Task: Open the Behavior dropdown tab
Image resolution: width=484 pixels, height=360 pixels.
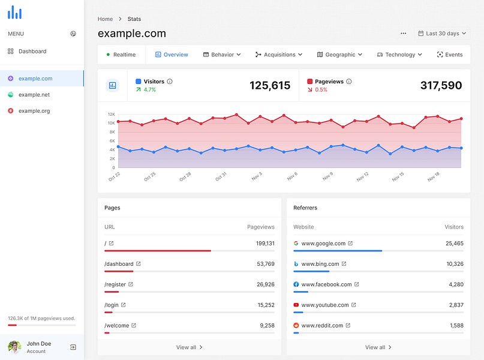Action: [222, 55]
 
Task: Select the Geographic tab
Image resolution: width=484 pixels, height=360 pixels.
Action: [339, 55]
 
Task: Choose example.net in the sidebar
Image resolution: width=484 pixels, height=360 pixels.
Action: [34, 95]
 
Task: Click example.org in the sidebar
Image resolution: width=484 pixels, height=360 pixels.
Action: [34, 111]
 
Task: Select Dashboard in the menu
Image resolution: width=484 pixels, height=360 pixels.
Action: [32, 52]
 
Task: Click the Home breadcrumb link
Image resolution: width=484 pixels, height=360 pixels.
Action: [105, 19]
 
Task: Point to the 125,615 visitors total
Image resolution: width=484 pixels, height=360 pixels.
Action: [269, 86]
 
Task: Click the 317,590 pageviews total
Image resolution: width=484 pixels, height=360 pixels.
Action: [441, 86]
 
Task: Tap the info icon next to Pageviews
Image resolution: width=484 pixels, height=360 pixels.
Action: [349, 82]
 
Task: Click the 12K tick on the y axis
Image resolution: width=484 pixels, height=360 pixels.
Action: [111, 114]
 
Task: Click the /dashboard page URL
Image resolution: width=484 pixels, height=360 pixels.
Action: [119, 264]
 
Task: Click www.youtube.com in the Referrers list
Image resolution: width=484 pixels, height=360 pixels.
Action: [324, 305]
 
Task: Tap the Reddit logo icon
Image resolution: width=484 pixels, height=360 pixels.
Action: [296, 326]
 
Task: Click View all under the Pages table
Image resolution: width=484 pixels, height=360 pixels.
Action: [186, 347]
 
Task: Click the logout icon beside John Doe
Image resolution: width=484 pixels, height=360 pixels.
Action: [73, 347]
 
